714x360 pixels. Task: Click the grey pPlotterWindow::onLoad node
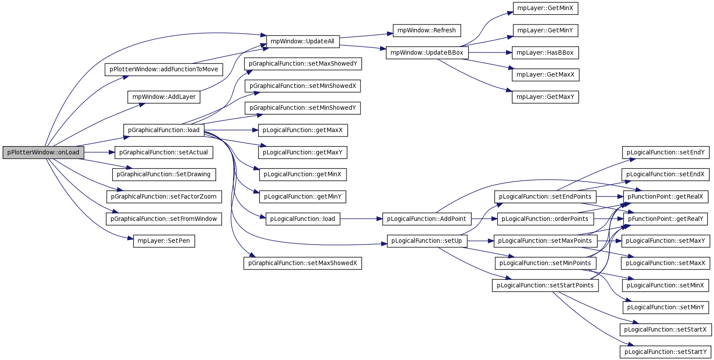43,152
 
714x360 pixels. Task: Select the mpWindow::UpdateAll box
303,42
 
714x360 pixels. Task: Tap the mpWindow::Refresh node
427,31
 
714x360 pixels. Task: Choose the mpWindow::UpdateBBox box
427,52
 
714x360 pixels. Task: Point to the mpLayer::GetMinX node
546,8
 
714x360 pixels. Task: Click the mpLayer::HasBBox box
546,52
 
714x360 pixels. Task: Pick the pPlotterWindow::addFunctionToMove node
164,70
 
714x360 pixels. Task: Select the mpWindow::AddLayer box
164,97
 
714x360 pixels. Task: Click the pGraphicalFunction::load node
164,130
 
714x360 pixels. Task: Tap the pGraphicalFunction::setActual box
164,152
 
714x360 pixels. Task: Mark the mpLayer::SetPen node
164,241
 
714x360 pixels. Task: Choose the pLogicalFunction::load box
303,219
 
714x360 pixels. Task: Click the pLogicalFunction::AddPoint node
427,219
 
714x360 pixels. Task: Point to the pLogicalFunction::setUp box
427,241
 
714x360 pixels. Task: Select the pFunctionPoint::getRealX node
665,196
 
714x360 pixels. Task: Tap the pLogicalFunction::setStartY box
665,352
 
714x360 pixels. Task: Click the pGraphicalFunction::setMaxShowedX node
303,263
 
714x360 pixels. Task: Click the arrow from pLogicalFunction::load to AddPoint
361,219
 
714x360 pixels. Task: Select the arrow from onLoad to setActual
99,152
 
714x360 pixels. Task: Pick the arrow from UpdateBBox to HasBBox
490,52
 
